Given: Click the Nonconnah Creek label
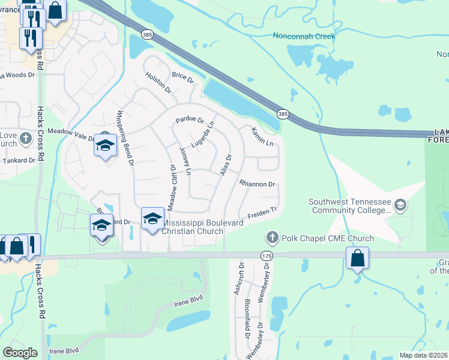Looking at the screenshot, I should [304, 36].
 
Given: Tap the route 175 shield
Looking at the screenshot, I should [267, 256].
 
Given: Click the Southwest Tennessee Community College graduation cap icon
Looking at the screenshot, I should [400, 206].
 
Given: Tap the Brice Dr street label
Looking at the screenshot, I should [183, 77].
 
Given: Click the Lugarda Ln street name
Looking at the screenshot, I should [203, 136].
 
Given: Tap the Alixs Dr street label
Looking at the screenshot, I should [226, 164].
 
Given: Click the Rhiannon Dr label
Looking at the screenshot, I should [257, 184].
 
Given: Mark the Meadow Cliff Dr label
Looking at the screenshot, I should [172, 187].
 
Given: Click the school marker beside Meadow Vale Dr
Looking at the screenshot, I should [105, 146].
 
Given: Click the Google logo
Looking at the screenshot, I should [20, 352].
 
